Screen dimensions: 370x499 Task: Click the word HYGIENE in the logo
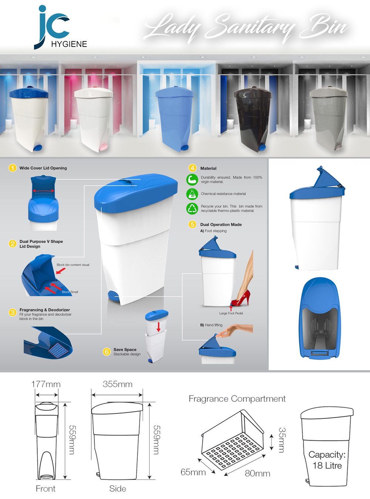pyautogui.click(x=69, y=44)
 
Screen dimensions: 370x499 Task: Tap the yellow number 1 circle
pyautogui.click(x=13, y=168)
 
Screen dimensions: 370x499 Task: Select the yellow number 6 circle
pyautogui.click(x=107, y=352)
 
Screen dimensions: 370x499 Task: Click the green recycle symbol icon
pyautogui.click(x=192, y=208)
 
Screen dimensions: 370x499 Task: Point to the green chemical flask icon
pyautogui.click(x=192, y=194)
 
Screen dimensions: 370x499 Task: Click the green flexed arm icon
pyautogui.click(x=192, y=179)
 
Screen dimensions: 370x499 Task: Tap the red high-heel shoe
pyautogui.click(x=241, y=298)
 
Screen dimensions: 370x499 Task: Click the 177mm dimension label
pyautogui.click(x=46, y=384)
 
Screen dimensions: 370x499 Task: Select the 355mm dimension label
pyautogui.click(x=118, y=384)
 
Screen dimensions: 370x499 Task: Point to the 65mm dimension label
pyautogui.click(x=193, y=472)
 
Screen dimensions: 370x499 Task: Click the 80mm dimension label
pyautogui.click(x=258, y=473)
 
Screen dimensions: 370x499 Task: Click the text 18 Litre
pyautogui.click(x=327, y=465)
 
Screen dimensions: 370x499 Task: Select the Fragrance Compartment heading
pyautogui.click(x=237, y=399)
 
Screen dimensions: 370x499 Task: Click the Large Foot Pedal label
pyautogui.click(x=231, y=313)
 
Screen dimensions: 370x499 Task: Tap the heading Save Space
pyautogui.click(x=125, y=349)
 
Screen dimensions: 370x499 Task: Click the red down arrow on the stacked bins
pyautogui.click(x=158, y=327)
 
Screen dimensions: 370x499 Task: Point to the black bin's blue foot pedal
pyautogui.click(x=262, y=147)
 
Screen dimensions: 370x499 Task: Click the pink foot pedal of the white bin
pyautogui.click(x=104, y=147)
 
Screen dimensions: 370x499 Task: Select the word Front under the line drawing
pyautogui.click(x=46, y=489)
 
